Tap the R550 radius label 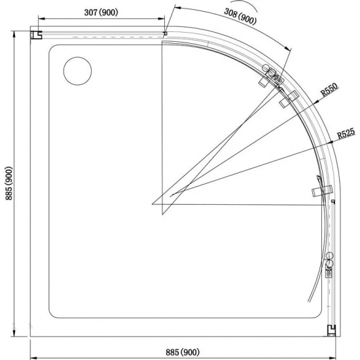pos(329,89)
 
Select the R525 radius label pos(346,133)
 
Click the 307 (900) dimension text pos(101,12)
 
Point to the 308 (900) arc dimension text pos(240,16)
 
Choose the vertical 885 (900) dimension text pos(9,183)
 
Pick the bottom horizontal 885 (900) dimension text pos(183,352)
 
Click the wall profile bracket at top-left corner pos(36,35)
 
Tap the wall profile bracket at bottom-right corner pos(331,331)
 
